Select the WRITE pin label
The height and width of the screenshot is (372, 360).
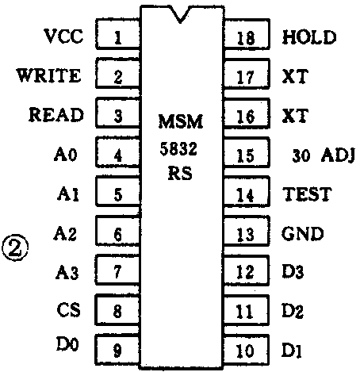tap(49, 76)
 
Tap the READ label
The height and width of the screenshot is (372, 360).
tap(56, 115)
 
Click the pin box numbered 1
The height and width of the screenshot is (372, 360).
tap(117, 36)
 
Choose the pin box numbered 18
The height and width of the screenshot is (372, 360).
tap(246, 37)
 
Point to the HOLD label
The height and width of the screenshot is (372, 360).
tap(309, 37)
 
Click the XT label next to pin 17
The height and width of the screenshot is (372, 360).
tap(294, 77)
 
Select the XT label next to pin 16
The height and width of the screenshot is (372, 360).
tap(294, 116)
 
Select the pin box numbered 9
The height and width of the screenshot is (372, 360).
tap(117, 348)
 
